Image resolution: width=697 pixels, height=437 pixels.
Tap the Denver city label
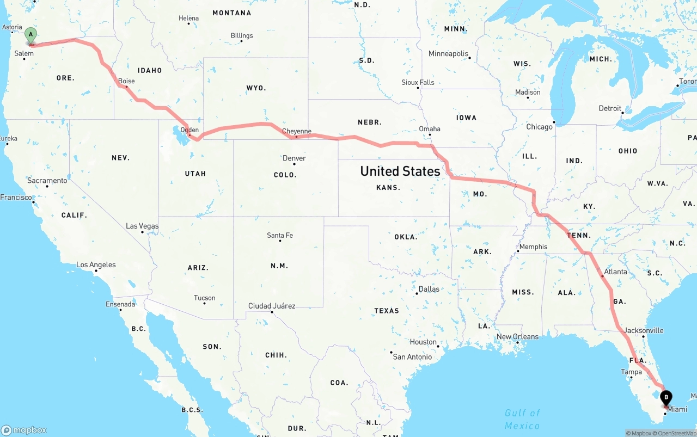pyautogui.click(x=294, y=158)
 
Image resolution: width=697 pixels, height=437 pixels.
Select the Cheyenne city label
pyautogui.click(x=297, y=131)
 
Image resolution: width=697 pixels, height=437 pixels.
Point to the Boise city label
pyautogui.click(x=126, y=81)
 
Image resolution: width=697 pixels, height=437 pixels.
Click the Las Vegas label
pyautogui.click(x=142, y=226)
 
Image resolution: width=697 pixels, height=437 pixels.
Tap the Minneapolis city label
pyautogui.click(x=448, y=54)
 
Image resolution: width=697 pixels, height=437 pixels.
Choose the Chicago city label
pyautogui.click(x=539, y=127)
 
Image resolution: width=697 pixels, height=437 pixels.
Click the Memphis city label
pyautogui.click(x=533, y=247)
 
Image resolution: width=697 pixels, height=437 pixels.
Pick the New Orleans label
pyautogui.click(x=517, y=336)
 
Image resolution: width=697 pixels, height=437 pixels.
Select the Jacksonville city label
pyautogui.click(x=644, y=330)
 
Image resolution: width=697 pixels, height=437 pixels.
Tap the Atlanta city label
pyautogui.click(x=615, y=272)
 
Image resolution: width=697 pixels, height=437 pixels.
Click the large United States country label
pyautogui.click(x=400, y=171)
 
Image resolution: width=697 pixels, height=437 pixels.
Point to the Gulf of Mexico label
pyautogui.click(x=522, y=419)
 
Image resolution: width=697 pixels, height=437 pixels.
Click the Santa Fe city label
pyautogui.click(x=280, y=235)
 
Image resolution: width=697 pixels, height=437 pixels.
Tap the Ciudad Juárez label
pyautogui.click(x=272, y=306)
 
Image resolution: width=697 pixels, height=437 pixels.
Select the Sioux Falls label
pyautogui.click(x=418, y=82)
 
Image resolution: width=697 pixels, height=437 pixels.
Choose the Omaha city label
pyautogui.click(x=430, y=129)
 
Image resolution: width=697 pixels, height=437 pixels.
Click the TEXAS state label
pyautogui.click(x=387, y=311)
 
